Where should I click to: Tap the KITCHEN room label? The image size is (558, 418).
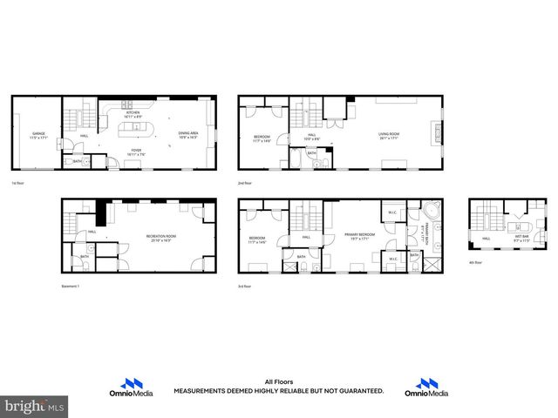click(133, 113)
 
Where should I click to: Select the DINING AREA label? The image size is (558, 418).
click(188, 135)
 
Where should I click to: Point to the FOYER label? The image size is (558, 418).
click(136, 152)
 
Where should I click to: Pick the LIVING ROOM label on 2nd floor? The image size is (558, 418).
click(389, 135)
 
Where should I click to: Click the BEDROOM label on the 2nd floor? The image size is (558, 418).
click(262, 137)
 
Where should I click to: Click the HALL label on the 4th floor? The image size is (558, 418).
click(486, 238)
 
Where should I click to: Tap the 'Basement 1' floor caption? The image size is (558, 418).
click(72, 285)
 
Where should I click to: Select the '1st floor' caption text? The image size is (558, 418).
click(19, 184)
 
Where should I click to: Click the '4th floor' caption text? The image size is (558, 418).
click(475, 262)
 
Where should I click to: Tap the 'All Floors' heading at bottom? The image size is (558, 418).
click(277, 381)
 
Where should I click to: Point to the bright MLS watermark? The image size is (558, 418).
click(35, 406)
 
